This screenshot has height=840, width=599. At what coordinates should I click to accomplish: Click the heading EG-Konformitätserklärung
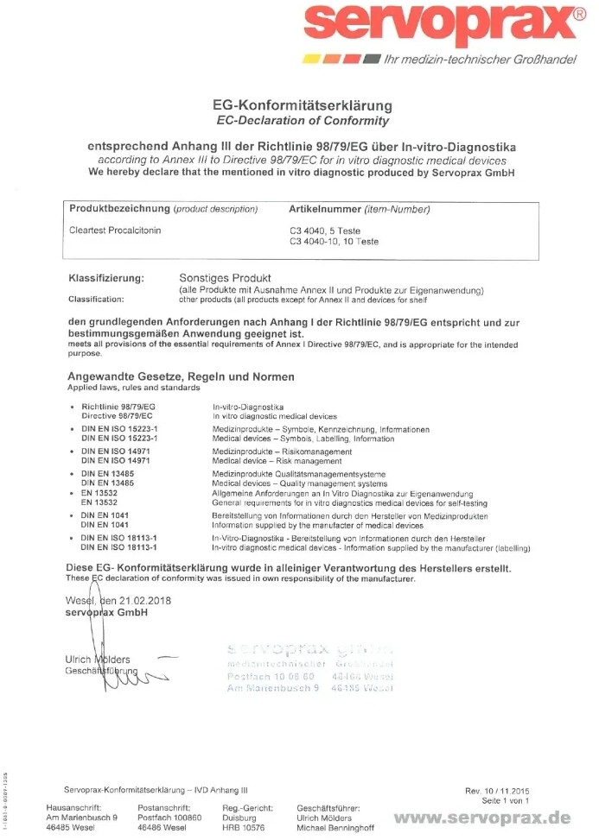302,106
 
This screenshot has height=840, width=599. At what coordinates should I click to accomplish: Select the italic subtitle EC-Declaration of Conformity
302,121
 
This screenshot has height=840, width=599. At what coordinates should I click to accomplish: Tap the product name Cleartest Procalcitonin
115,231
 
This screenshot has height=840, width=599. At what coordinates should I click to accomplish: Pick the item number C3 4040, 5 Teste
325,231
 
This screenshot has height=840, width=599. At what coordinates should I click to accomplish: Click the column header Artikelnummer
323,209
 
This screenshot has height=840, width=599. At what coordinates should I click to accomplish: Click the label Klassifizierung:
106,278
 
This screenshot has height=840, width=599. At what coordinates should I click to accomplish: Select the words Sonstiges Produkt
225,278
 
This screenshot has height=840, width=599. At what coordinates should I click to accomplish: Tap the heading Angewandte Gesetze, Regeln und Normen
181,376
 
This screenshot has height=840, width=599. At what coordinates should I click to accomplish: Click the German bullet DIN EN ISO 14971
118,452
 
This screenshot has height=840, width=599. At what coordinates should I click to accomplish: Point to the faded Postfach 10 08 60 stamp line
264,675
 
